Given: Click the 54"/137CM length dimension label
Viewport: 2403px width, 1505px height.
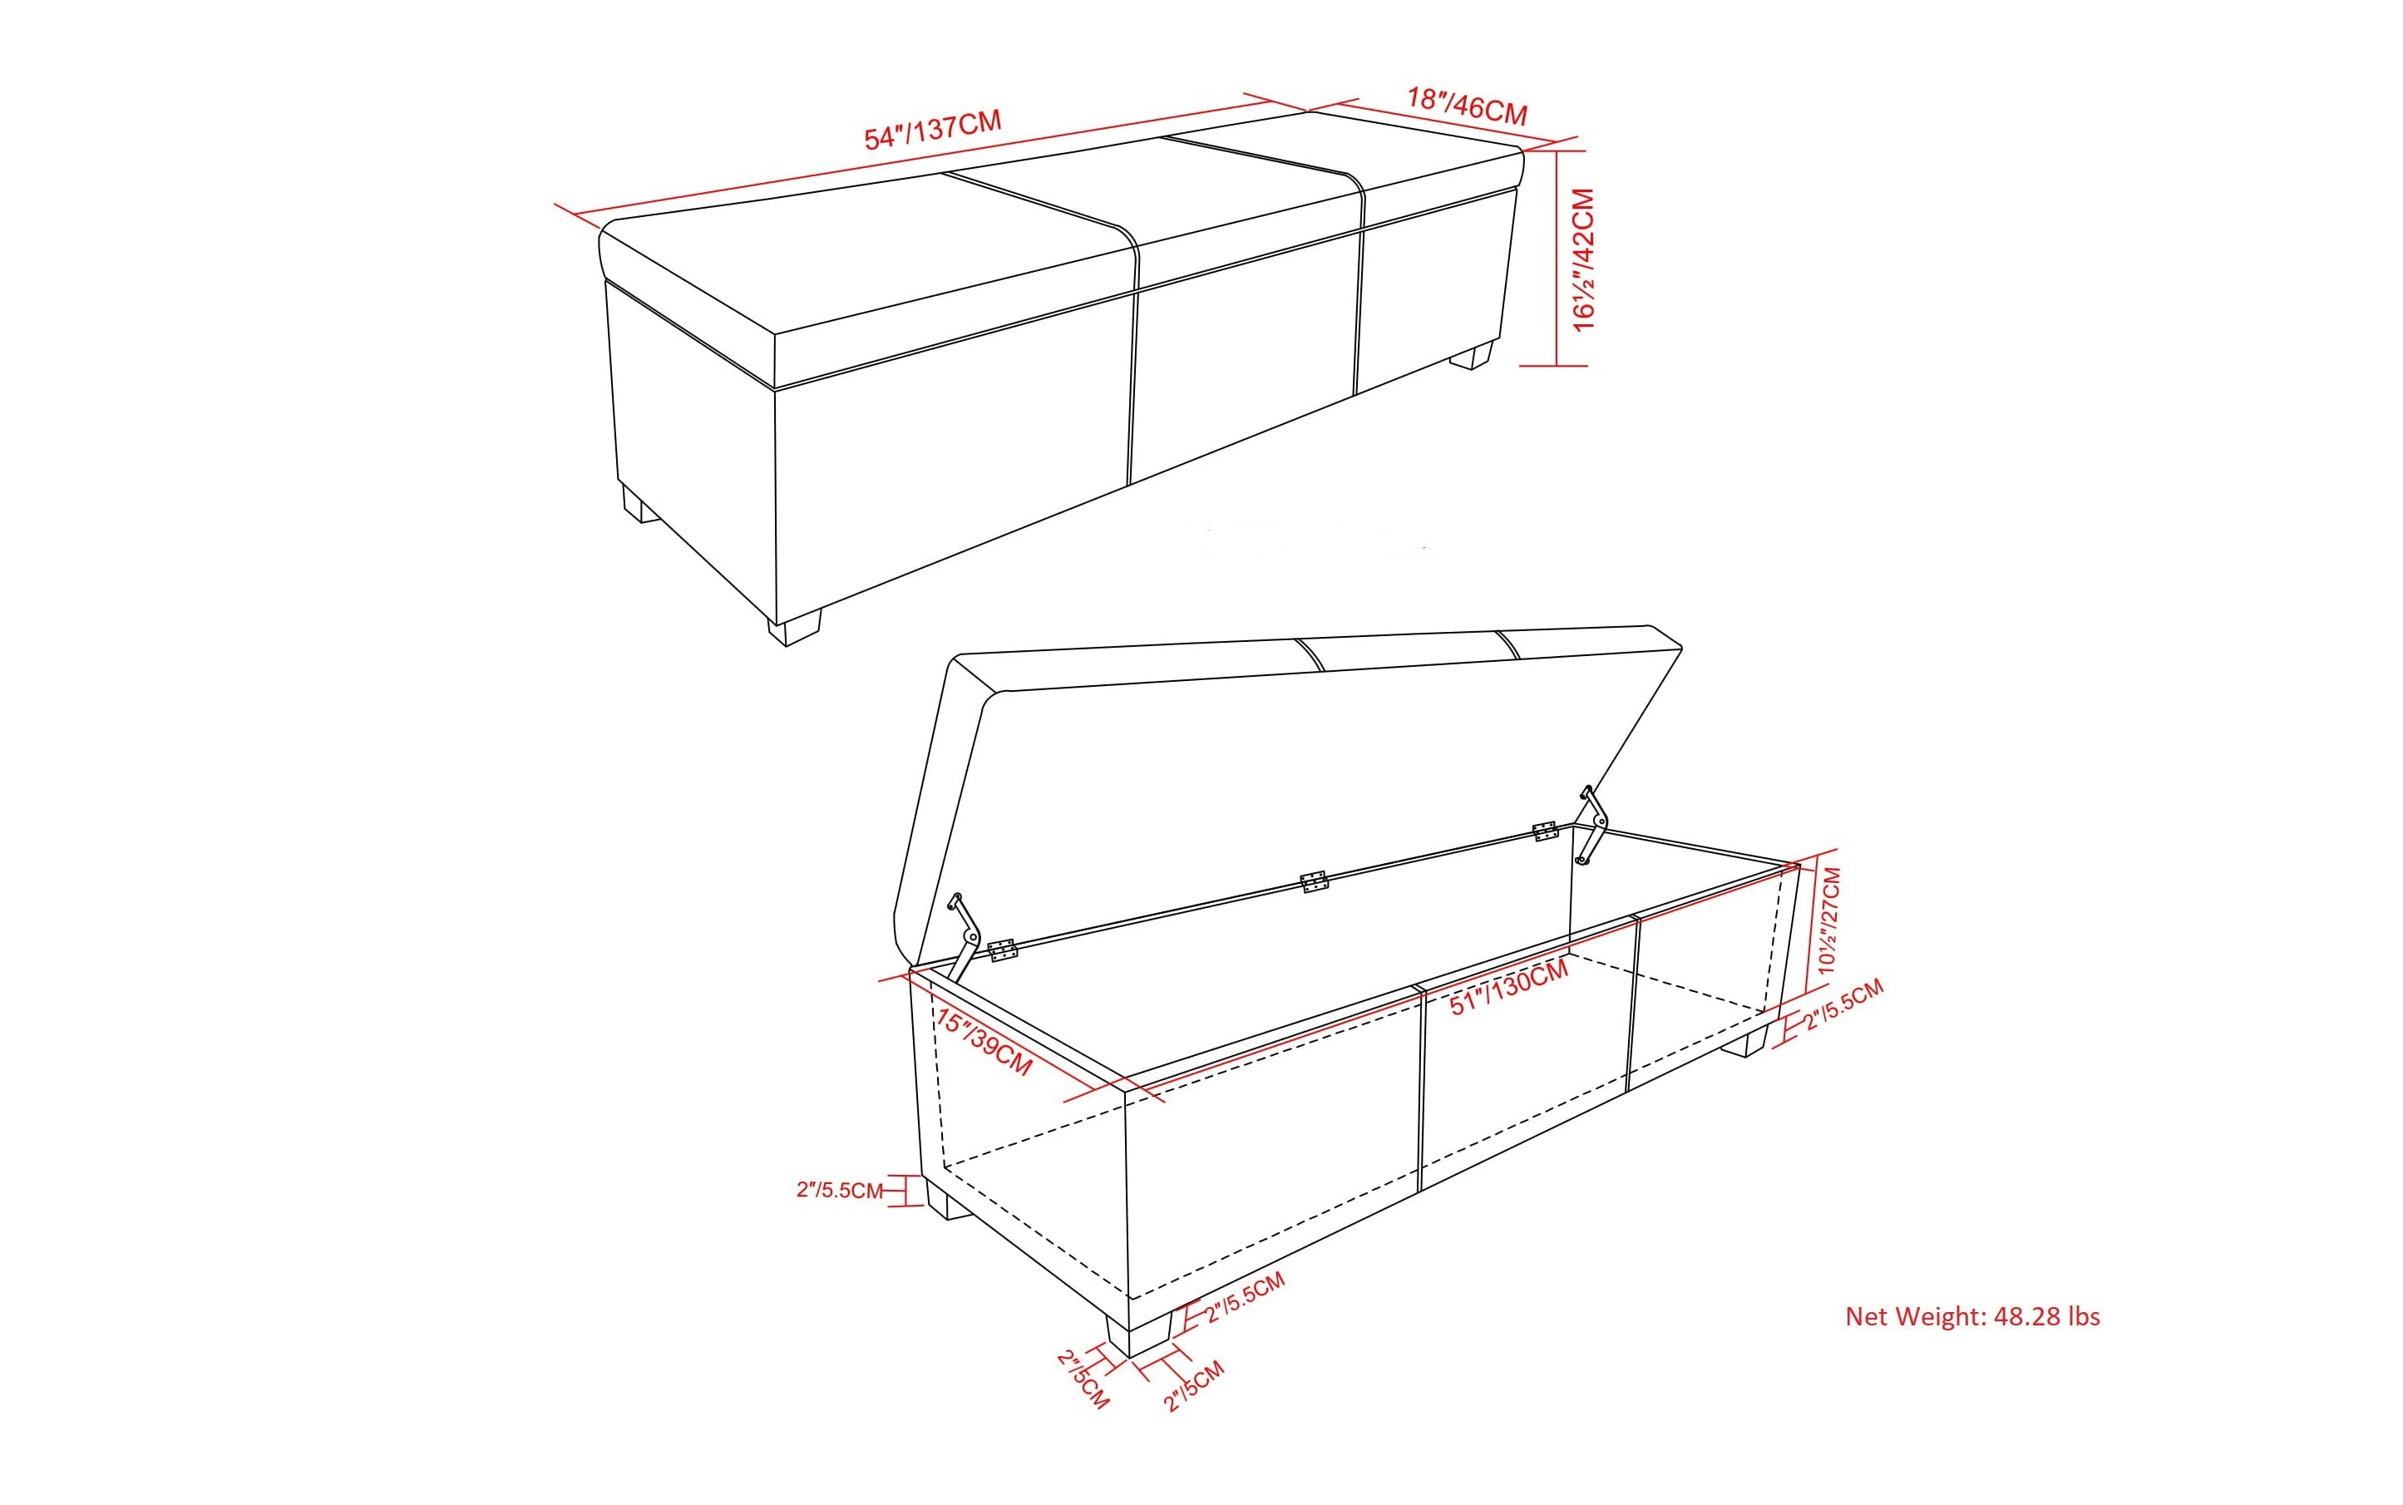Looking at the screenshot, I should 932,131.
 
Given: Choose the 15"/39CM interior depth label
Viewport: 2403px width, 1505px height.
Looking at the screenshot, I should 984,1041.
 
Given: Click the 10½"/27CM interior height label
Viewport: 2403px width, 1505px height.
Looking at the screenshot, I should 1828,920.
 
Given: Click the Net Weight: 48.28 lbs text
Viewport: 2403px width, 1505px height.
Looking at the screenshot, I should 1972,1317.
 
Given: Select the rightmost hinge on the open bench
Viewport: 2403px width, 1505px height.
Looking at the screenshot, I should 1545,830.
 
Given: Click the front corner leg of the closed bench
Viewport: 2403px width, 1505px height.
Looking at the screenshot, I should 794,630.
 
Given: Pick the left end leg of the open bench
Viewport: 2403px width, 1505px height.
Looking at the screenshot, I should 948,1202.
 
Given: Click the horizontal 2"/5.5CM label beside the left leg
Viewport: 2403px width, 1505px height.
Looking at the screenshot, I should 839,1190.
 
